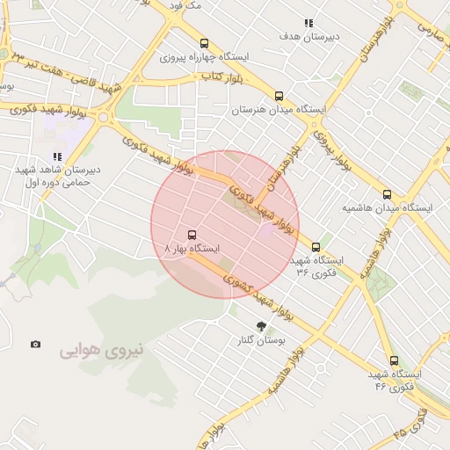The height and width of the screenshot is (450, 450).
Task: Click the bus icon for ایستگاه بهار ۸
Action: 192,235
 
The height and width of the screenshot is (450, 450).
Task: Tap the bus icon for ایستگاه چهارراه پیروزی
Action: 205,42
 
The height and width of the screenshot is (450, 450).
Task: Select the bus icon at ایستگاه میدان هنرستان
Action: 279,96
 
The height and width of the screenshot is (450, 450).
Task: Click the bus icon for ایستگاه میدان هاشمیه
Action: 388,194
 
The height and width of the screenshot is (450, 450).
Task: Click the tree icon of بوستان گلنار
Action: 260,326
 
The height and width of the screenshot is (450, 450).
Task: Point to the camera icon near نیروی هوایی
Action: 35,345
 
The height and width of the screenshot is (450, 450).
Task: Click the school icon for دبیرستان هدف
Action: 308,23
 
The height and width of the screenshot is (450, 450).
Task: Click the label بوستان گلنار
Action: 261,340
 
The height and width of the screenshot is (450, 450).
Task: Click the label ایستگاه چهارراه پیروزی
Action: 205,56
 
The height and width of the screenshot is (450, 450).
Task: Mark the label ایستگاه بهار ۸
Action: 192,250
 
